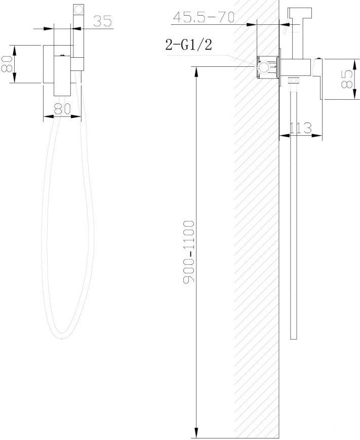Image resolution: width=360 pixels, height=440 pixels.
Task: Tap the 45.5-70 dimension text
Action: click(x=204, y=17)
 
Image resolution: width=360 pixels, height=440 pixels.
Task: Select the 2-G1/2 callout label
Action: click(x=188, y=45)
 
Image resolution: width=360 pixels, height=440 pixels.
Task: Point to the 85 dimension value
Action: click(x=347, y=79)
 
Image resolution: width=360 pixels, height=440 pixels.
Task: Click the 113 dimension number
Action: click(x=301, y=128)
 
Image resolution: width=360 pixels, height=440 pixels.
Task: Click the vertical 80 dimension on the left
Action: click(x=6, y=64)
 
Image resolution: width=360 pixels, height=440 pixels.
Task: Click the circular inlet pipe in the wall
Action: click(x=264, y=68)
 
